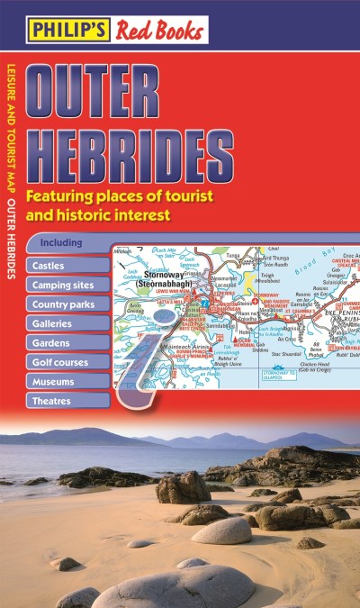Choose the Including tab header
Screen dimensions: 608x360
point(62,243)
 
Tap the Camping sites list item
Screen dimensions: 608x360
point(64,286)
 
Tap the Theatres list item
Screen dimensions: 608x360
point(54,400)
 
